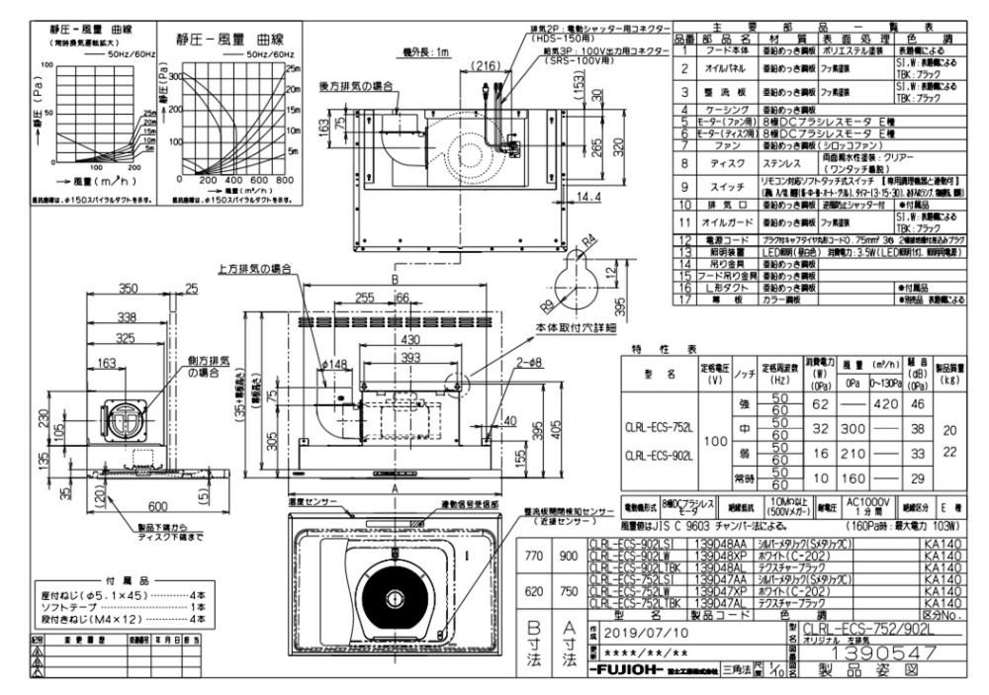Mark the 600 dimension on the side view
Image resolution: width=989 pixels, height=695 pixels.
(132, 504)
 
